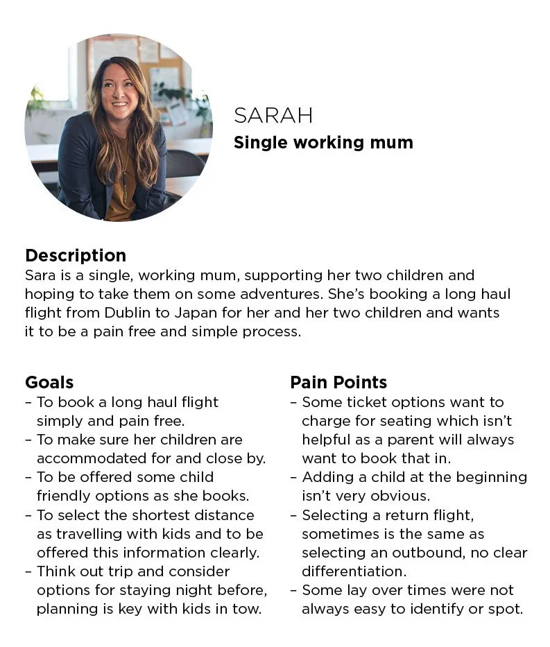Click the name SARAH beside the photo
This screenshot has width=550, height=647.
tap(273, 116)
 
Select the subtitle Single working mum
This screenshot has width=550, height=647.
tap(323, 143)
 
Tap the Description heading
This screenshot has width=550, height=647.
tap(76, 256)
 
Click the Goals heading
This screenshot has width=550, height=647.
tap(49, 382)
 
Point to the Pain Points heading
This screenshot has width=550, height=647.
tap(338, 382)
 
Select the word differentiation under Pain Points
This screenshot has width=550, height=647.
tap(354, 571)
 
